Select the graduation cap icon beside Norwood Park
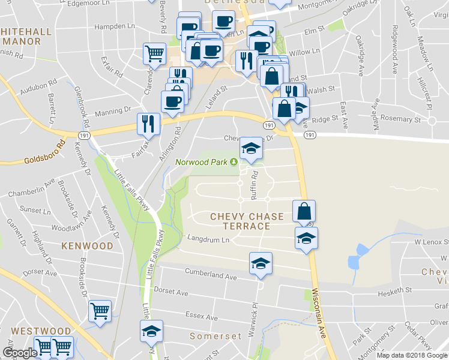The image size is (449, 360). click(x=250, y=148)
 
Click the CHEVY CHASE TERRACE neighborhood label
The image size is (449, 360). click(x=238, y=221)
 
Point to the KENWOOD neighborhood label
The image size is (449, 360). click(x=86, y=246)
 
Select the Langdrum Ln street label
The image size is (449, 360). click(x=209, y=239)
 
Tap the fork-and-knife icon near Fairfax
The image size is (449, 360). click(x=148, y=124)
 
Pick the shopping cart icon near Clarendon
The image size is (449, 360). click(x=154, y=53)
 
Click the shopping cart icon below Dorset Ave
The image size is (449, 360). click(x=100, y=311)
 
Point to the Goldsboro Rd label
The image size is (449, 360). click(x=44, y=153)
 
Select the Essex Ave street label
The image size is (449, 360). click(x=202, y=316)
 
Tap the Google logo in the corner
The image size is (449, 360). click(x=20, y=353)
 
